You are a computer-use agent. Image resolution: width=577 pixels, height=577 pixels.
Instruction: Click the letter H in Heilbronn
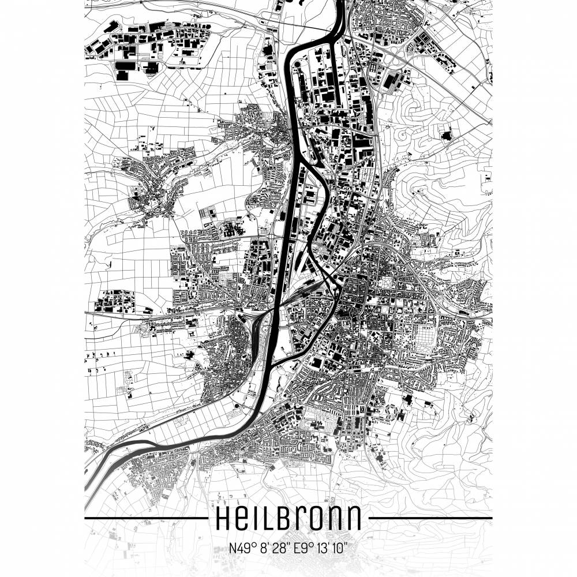[x=223, y=518]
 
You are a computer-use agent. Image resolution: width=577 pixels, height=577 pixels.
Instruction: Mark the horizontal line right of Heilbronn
[x=430, y=518]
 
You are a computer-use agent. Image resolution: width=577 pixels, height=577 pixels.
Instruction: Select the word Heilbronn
[x=288, y=518]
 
